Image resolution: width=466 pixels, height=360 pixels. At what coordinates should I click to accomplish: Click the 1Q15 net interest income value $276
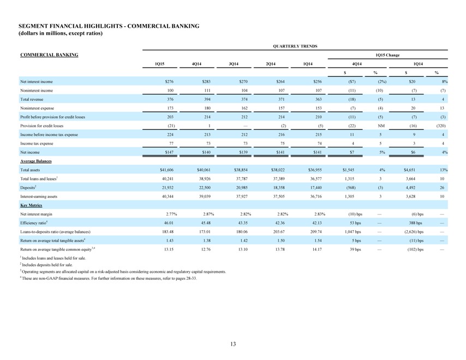pyautogui.click(x=169, y=81)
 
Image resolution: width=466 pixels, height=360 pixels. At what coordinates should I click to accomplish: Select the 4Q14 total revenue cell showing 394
pyautogui.click(x=207, y=99)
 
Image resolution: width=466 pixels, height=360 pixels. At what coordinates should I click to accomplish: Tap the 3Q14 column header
pyautogui.click(x=234, y=64)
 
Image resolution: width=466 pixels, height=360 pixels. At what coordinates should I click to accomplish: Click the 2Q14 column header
pyautogui.click(x=271, y=64)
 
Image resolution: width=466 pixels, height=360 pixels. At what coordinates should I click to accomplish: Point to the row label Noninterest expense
pyautogui.click(x=37, y=108)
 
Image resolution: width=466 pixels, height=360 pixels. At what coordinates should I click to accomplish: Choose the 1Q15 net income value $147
pyautogui.click(x=169, y=152)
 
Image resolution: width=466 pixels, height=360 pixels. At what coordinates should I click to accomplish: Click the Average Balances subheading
pyautogui.click(x=36, y=161)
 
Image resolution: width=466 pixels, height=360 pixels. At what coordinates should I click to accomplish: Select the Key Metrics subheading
pyautogui.click(x=31, y=205)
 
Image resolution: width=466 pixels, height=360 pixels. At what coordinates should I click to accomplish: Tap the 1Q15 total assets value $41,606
pyautogui.click(x=167, y=170)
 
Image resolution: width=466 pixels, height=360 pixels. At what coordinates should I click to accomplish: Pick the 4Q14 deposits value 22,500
pyautogui.click(x=205, y=188)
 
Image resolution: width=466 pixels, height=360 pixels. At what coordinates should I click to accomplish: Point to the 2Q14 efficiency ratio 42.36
pyautogui.click(x=280, y=223)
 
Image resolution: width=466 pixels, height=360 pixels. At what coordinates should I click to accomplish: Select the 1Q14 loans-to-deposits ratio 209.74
pyautogui.click(x=316, y=232)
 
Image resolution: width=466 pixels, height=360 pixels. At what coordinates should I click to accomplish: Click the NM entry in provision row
pyautogui.click(x=381, y=125)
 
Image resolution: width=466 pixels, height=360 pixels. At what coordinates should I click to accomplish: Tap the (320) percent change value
pyautogui.click(x=441, y=125)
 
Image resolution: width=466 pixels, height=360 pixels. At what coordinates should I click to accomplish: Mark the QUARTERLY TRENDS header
pyautogui.click(x=295, y=46)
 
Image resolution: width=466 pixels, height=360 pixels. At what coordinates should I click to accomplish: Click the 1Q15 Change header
pyautogui.click(x=387, y=55)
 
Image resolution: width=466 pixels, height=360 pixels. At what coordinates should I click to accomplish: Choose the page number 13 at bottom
pyautogui.click(x=233, y=344)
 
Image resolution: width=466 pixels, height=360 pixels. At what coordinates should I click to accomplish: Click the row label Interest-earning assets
pyautogui.click(x=39, y=196)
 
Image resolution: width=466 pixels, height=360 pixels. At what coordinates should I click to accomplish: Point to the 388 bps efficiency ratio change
pyautogui.click(x=415, y=223)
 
